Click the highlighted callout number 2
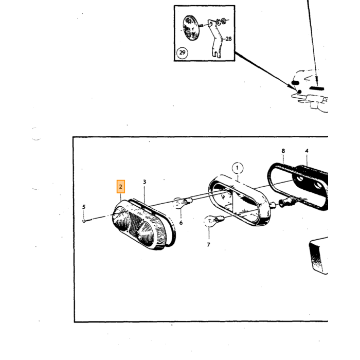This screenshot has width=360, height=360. pyautogui.click(x=120, y=186)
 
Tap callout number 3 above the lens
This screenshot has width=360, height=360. pyautogui.click(x=145, y=182)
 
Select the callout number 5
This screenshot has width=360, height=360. pyautogui.click(x=84, y=207)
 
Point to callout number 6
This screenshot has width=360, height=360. pyautogui.click(x=181, y=223)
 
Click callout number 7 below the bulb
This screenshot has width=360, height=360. pyautogui.click(x=208, y=245)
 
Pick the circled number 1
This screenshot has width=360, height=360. pyautogui.click(x=237, y=168)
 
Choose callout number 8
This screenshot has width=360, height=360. pyautogui.click(x=283, y=151)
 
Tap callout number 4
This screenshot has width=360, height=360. pyautogui.click(x=307, y=151)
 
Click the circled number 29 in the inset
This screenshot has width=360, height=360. pyautogui.click(x=182, y=53)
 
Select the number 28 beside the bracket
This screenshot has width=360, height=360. pyautogui.click(x=228, y=39)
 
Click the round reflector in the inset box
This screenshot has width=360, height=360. pyautogui.click(x=191, y=28)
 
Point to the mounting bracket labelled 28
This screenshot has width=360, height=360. pyautogui.click(x=215, y=39)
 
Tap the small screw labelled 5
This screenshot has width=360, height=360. pyautogui.click(x=84, y=221)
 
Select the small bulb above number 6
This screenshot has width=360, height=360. pyautogui.click(x=183, y=203)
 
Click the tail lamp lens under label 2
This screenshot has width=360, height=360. pyautogui.click(x=140, y=225)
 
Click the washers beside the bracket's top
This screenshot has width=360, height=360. pyautogui.click(x=221, y=22)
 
